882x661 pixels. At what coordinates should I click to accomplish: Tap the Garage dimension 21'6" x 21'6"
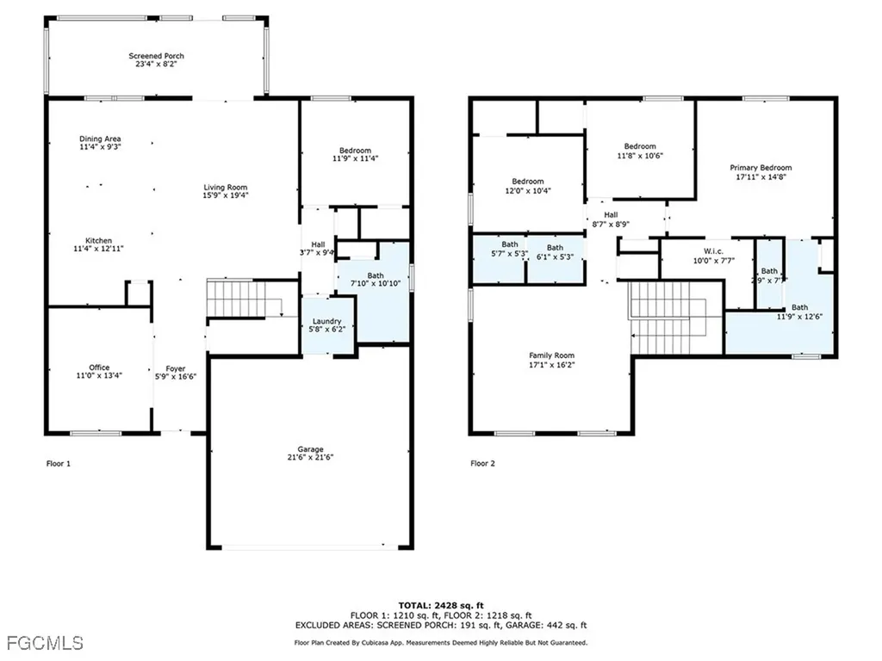coord(310,458)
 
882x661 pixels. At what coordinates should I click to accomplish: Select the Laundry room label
coord(327,320)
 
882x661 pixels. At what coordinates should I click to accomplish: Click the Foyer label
coord(176,368)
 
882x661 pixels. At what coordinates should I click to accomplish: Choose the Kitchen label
coord(99,240)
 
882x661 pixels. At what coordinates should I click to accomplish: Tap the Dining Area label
coord(100,139)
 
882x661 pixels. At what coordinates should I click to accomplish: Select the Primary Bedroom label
coord(761,168)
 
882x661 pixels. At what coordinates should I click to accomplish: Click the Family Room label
coord(551,355)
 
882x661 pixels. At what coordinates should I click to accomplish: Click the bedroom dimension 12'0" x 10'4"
coord(527,190)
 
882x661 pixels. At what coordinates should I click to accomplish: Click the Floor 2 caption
coord(483,463)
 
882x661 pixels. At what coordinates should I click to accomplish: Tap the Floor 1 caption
coord(58,463)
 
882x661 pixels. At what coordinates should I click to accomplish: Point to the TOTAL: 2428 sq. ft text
coord(440,605)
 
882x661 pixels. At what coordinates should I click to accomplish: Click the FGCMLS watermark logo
coord(43,643)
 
